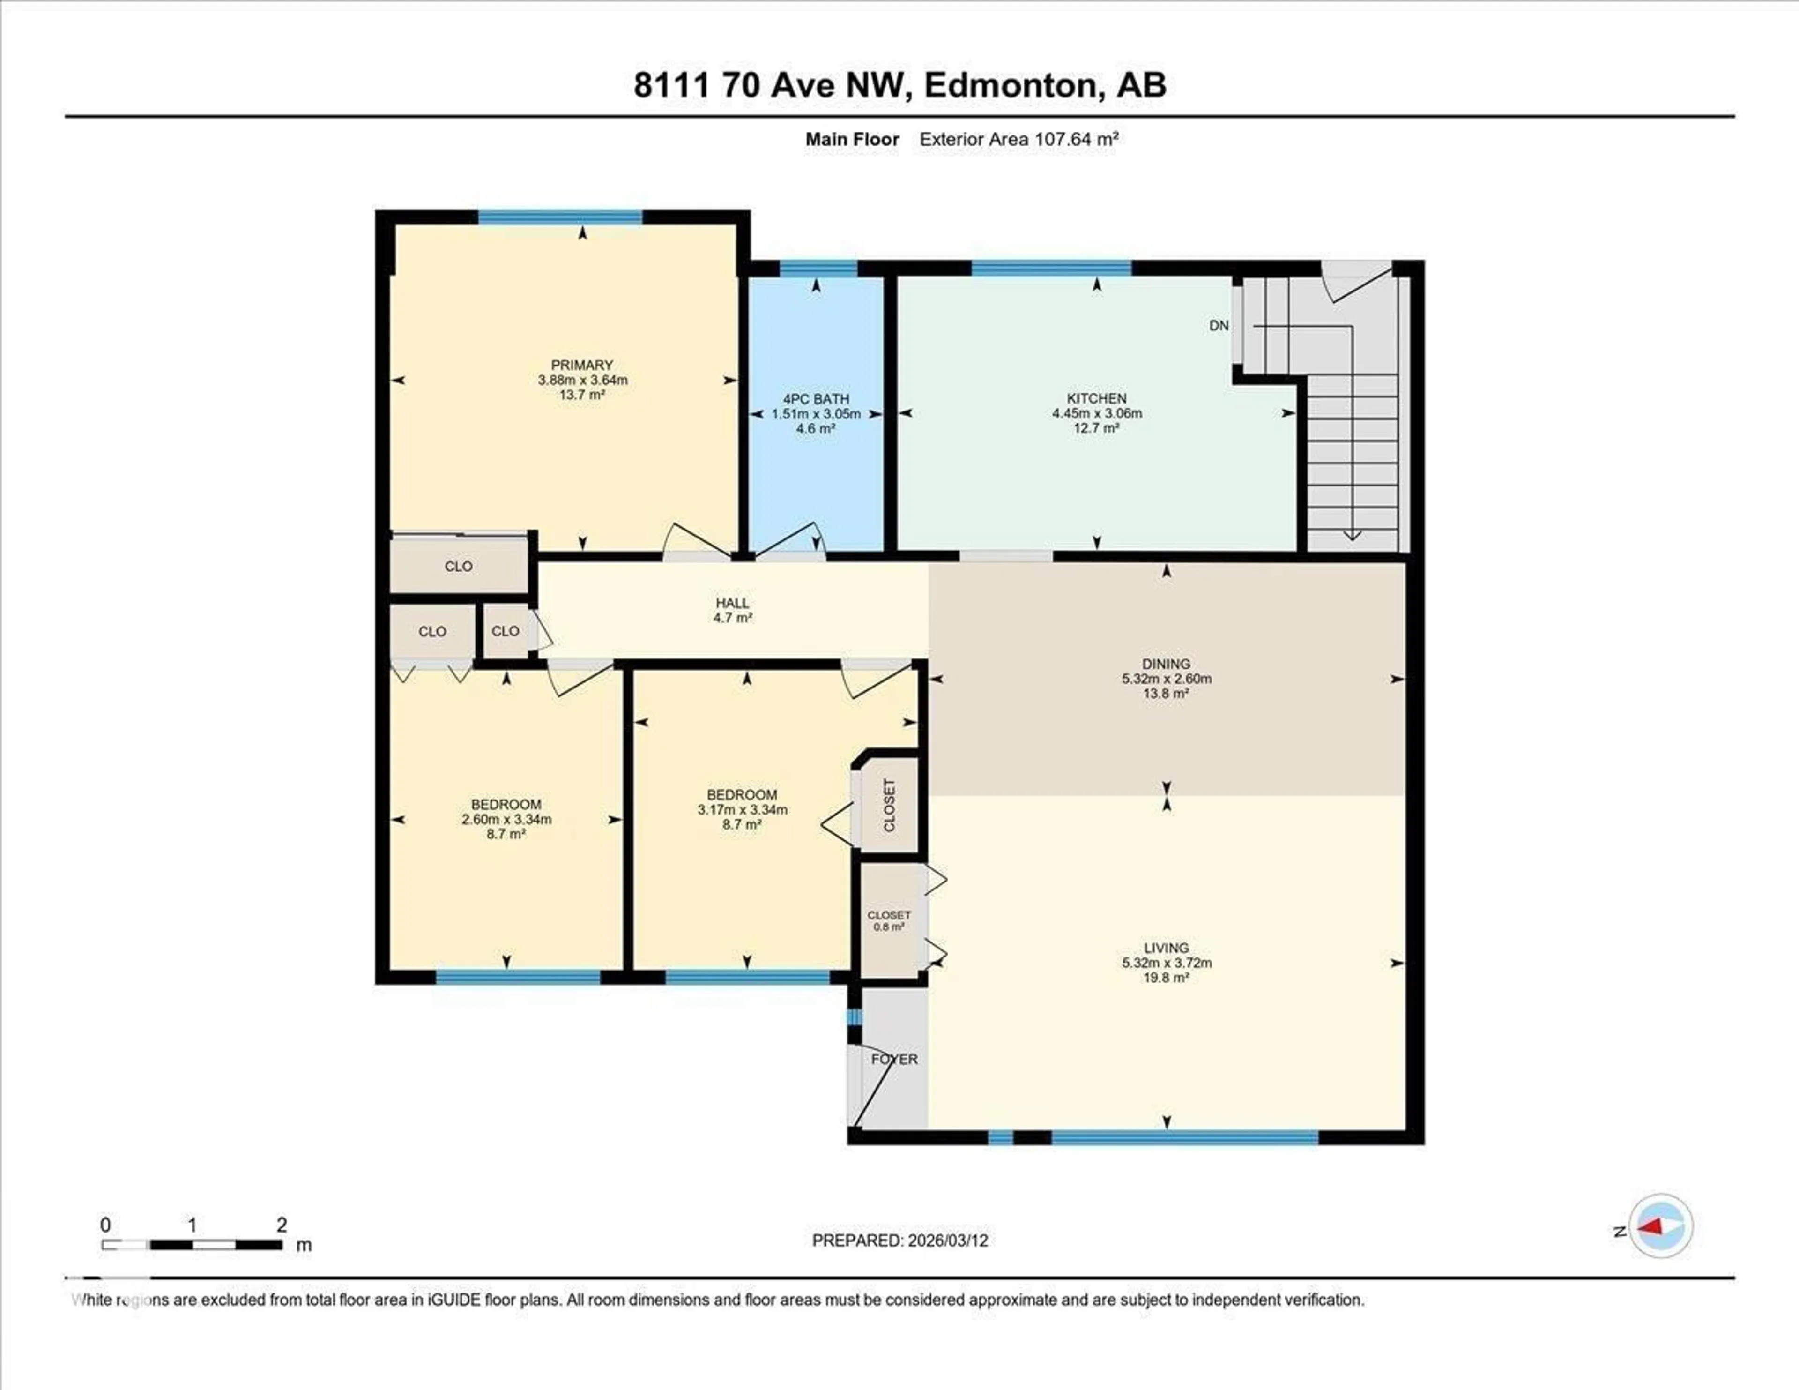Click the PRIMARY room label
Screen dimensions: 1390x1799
(x=581, y=365)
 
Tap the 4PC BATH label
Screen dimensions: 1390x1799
(x=816, y=399)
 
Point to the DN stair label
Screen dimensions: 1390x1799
(x=1219, y=325)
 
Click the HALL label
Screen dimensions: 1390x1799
(x=732, y=603)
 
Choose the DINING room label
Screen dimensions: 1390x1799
(x=1166, y=663)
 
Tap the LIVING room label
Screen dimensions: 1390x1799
(x=1166, y=948)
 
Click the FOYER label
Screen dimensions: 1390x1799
(x=894, y=1059)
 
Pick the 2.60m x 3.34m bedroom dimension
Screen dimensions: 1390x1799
(x=506, y=819)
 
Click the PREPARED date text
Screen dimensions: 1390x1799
(x=899, y=1240)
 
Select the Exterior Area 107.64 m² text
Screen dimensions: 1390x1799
(x=1018, y=139)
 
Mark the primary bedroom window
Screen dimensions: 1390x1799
(x=560, y=217)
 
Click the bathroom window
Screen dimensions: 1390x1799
(x=818, y=268)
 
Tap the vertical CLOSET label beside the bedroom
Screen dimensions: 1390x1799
(x=889, y=805)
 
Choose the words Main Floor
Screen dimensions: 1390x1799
(x=852, y=139)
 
